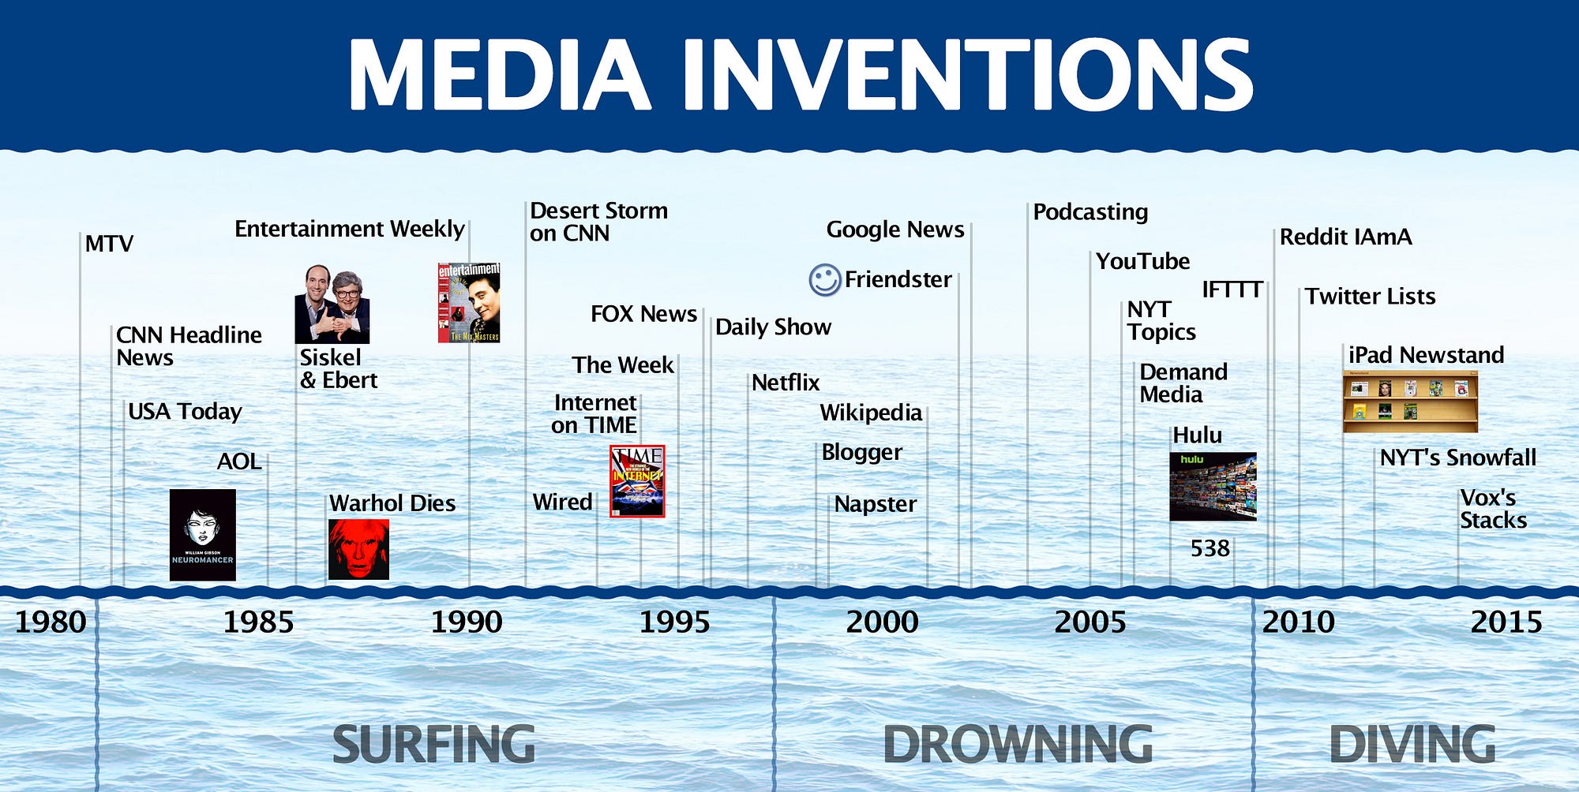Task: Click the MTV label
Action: click(109, 244)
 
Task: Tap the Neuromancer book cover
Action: click(203, 535)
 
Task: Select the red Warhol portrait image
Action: click(358, 549)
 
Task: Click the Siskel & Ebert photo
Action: click(332, 304)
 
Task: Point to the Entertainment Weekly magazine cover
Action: click(469, 303)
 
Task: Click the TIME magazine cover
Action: click(637, 481)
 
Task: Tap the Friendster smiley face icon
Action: click(824, 280)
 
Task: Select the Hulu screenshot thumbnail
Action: click(1213, 486)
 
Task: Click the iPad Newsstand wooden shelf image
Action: click(1410, 402)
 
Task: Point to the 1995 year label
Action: click(674, 622)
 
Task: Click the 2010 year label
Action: click(1298, 622)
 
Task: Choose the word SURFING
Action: click(433, 744)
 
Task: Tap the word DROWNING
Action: click(1018, 744)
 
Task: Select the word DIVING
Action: click(1412, 744)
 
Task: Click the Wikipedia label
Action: click(871, 413)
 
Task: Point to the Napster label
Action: click(876, 504)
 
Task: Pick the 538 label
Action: click(1210, 548)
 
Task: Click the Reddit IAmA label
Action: click(1345, 237)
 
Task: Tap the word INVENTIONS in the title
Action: click(967, 75)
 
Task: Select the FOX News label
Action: click(644, 314)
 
